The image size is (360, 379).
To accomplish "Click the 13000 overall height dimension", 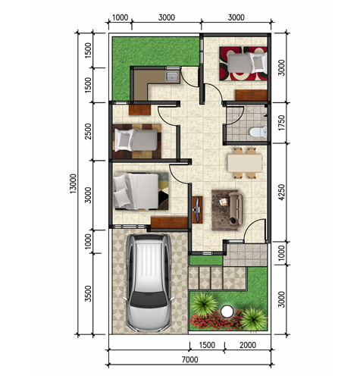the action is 73,183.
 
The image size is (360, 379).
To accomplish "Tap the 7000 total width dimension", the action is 190,359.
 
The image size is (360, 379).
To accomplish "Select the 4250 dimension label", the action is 281,193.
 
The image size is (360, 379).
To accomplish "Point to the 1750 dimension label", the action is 281,123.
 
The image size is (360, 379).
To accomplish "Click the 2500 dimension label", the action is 88,131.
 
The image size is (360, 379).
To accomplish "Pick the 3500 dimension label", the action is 88,293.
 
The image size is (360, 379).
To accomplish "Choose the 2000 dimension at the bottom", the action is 248,345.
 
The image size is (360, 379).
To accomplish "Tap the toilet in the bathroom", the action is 258,132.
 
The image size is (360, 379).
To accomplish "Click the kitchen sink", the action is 172,77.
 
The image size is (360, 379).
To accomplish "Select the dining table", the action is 245,163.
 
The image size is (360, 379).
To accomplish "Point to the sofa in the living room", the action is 236,209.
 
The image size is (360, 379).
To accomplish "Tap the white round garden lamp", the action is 227,311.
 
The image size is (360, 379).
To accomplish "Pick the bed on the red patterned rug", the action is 247,63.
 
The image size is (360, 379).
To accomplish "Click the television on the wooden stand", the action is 197,209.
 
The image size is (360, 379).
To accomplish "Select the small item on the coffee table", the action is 224,202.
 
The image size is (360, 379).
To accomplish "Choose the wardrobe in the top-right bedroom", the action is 251,96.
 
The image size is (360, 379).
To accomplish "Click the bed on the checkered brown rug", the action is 136,139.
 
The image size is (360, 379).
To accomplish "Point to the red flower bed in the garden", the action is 216,321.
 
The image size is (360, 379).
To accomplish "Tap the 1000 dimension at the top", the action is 120,17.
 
